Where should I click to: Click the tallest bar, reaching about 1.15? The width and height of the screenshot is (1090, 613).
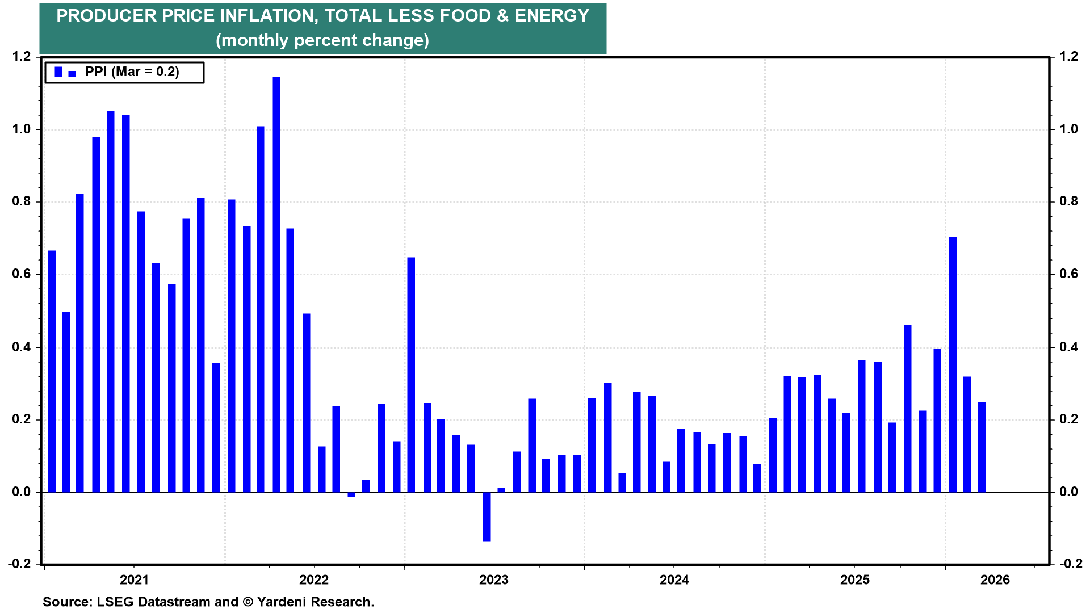coord(276,284)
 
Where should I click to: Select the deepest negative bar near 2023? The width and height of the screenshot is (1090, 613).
coord(487,517)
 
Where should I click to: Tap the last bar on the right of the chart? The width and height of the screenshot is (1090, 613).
coord(982,447)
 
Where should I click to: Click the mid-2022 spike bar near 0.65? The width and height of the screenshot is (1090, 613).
coord(411,375)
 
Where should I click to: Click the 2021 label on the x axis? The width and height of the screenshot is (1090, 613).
coord(134,580)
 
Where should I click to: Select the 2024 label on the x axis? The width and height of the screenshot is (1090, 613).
coord(674,580)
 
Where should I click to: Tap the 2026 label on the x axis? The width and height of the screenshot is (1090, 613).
coord(995,580)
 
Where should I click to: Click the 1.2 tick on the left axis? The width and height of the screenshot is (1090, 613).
coord(21,57)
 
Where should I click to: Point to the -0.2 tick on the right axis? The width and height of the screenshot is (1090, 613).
coord(1067,564)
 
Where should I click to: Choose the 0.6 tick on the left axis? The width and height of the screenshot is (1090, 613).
coord(21,274)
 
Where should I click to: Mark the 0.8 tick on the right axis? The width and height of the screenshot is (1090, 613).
coord(1068,201)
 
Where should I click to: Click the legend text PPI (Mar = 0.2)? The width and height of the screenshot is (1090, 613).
coord(132,72)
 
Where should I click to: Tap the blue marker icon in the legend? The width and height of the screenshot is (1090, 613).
coord(58,72)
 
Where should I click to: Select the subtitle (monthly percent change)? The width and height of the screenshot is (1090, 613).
coord(322,40)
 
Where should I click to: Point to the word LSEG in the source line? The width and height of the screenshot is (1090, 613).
coord(114,602)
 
